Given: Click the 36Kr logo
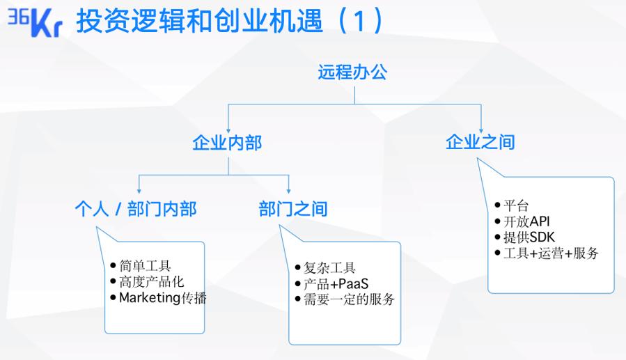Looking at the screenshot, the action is point(35,23).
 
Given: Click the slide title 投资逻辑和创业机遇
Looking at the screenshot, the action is point(199,21).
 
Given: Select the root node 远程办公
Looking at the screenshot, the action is point(352,72).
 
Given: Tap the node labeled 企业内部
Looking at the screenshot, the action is point(227,143).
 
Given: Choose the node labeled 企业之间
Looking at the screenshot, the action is point(480,142).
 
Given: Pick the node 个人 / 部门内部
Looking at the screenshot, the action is point(136,209).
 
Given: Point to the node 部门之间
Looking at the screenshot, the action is point(293,209).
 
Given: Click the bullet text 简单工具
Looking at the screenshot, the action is point(145,265).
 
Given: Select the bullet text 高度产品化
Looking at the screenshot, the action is point(152,281).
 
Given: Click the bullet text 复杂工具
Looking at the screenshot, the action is point(329,267).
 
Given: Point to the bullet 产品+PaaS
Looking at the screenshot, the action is point(336,284).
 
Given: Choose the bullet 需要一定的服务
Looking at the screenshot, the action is point(349,299).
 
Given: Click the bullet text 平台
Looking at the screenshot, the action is point(516,205).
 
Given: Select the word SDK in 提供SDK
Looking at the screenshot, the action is point(542,237).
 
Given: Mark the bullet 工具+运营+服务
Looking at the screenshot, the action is point(551,253).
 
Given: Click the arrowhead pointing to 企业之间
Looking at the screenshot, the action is point(481,131).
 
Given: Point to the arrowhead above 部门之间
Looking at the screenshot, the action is point(289,191).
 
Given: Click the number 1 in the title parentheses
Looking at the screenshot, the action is point(359,22).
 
